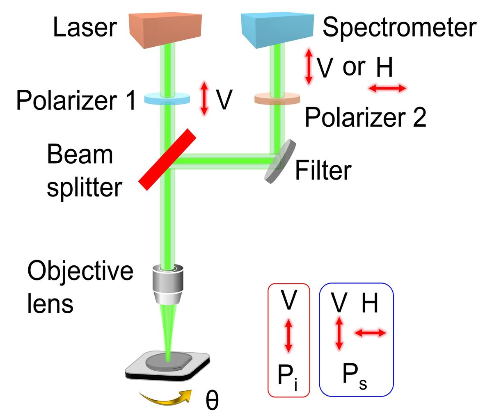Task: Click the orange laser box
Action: click(x=166, y=29)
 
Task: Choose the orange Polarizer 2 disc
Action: click(x=277, y=99)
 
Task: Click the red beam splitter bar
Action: click(x=167, y=160)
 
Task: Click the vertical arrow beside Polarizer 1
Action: click(x=204, y=99)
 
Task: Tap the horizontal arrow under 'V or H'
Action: click(x=387, y=88)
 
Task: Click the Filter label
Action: click(x=323, y=170)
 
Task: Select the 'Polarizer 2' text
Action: click(x=366, y=117)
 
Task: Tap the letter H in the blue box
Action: click(x=369, y=304)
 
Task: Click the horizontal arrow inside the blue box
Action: click(x=370, y=333)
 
